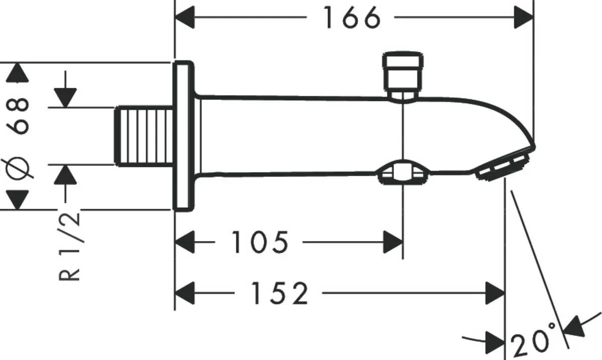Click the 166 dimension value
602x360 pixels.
click(x=350, y=19)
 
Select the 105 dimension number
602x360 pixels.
click(x=260, y=243)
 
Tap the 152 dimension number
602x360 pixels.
click(x=279, y=293)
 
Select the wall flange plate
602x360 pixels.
click(x=183, y=135)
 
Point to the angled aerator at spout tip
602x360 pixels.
click(x=502, y=165)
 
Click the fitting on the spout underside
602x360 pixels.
click(x=401, y=173)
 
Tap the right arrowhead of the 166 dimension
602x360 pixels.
click(x=524, y=19)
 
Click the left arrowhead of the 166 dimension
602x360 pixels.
click(x=184, y=19)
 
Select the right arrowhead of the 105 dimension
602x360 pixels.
click(x=393, y=243)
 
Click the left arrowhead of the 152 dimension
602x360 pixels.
click(x=184, y=293)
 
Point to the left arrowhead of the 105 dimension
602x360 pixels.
click(x=184, y=243)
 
